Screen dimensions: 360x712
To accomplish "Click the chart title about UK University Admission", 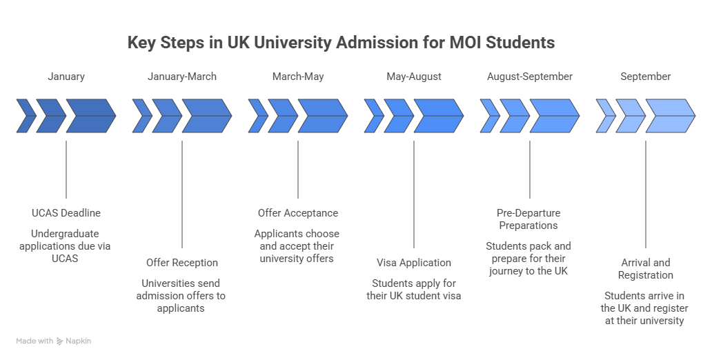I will pyautogui.click(x=340, y=43).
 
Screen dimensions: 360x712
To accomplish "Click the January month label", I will pyautogui.click(x=66, y=77).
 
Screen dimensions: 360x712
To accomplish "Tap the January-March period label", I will pyautogui.click(x=182, y=77).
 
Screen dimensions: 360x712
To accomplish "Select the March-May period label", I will pyautogui.click(x=298, y=77).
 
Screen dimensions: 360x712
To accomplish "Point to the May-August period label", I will pyautogui.click(x=414, y=77).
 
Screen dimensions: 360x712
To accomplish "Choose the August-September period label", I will pyautogui.click(x=530, y=77).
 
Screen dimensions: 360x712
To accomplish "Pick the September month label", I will pyautogui.click(x=645, y=77).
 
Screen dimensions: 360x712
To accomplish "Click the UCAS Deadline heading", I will pyautogui.click(x=66, y=212).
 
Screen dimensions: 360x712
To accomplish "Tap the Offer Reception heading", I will pyautogui.click(x=182, y=263).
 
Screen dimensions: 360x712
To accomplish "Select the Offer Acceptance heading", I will pyautogui.click(x=298, y=212).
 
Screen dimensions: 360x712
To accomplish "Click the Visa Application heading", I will pyautogui.click(x=414, y=263).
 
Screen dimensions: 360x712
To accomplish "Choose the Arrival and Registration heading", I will pyautogui.click(x=645, y=268).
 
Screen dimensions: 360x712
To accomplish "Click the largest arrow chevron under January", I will pyautogui.click(x=90, y=117).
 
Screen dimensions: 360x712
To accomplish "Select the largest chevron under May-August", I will pyautogui.click(x=438, y=117).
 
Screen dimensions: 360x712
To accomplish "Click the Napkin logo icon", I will pyautogui.click(x=61, y=341).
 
